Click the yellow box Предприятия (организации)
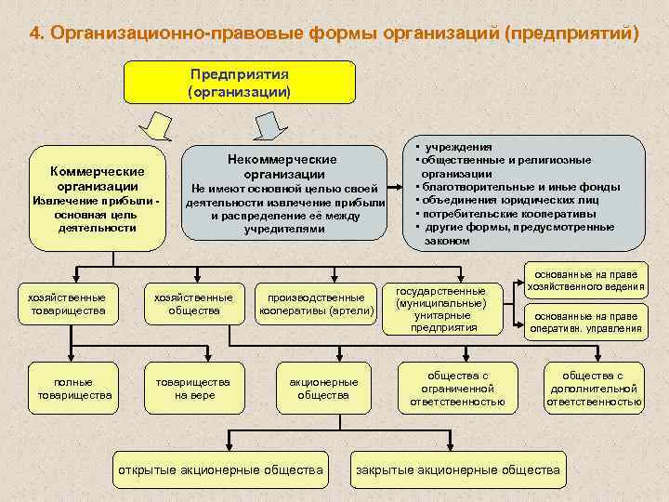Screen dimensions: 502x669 [240, 82]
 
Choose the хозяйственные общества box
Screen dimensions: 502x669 [194, 303]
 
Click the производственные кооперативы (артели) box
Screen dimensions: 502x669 [317, 303]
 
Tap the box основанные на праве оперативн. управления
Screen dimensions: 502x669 [585, 322]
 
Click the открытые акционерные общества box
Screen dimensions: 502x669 [219, 469]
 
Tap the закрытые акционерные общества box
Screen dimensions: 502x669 [458, 469]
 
